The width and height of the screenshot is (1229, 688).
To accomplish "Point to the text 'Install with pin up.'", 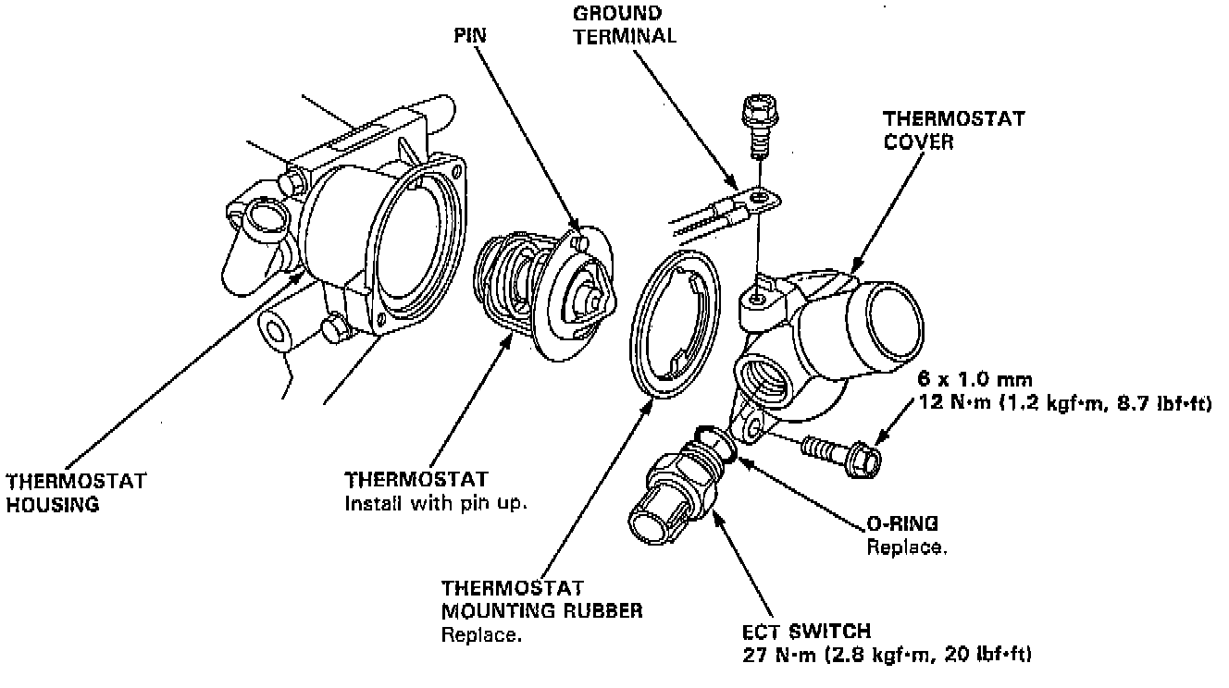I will [430, 504].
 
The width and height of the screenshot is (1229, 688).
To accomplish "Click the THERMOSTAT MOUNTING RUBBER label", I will [541, 600].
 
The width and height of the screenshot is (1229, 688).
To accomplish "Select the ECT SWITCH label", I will [806, 632].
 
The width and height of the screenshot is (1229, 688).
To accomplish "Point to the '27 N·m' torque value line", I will [887, 655].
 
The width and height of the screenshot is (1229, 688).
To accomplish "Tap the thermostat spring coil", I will [503, 282].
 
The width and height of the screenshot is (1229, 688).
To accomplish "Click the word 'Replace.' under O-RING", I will [907, 547].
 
